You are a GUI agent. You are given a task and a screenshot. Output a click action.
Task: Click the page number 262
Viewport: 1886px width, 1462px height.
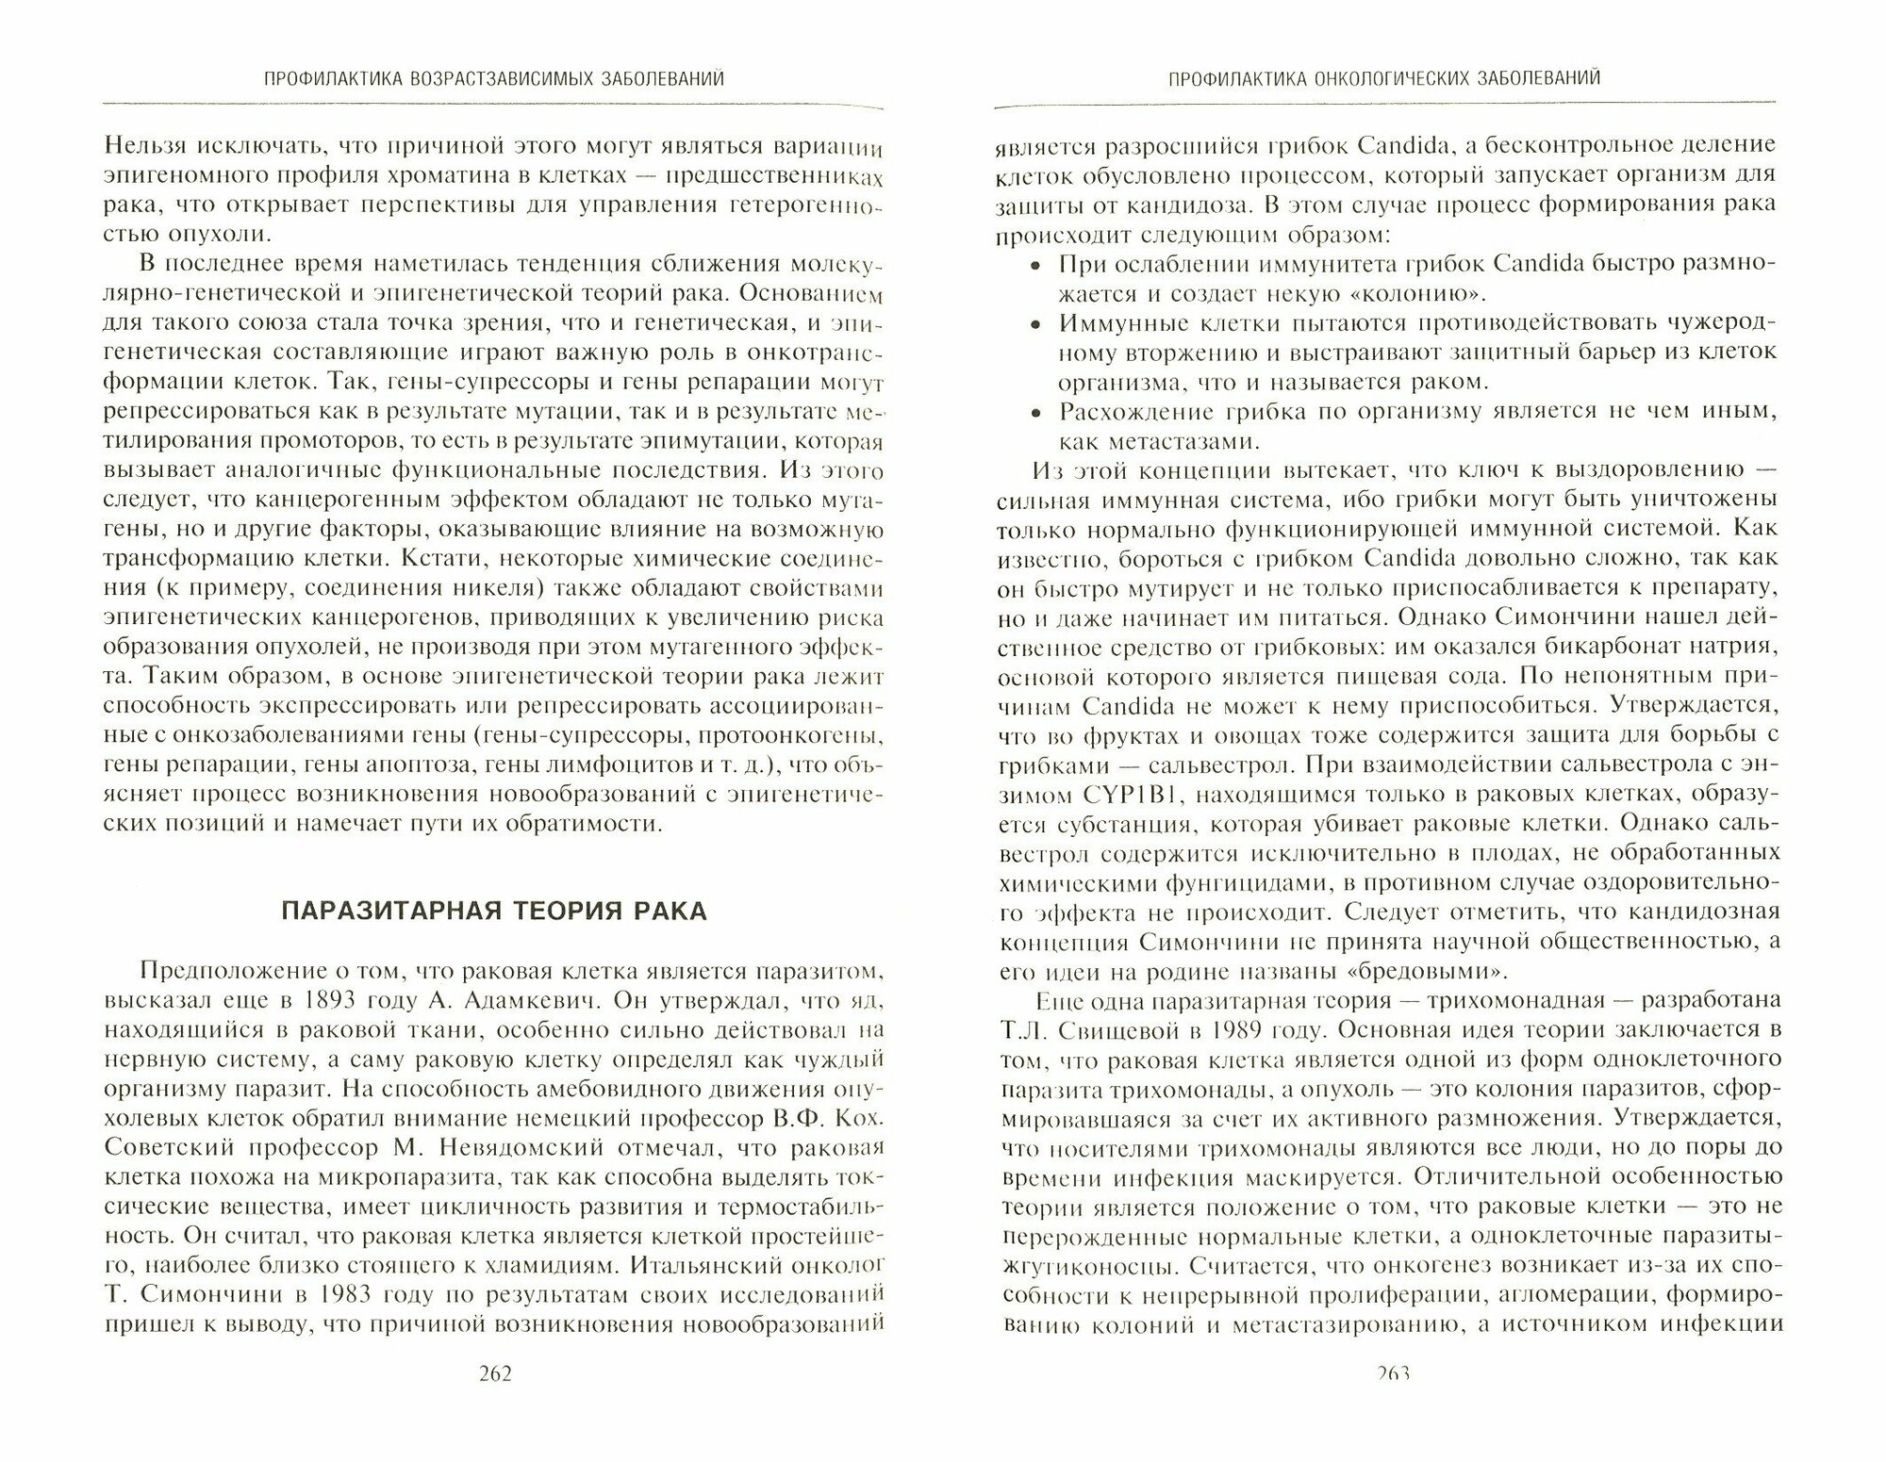(495, 1401)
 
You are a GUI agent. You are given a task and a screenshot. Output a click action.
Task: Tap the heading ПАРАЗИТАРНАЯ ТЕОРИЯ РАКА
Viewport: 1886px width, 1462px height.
(494, 912)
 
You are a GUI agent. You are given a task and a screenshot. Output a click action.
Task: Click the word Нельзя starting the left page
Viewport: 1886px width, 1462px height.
(149, 146)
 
